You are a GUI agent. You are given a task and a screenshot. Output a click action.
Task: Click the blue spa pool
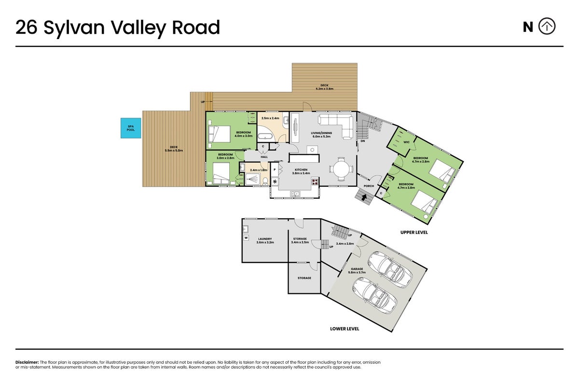131,128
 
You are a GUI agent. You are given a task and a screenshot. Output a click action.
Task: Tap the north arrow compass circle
547,26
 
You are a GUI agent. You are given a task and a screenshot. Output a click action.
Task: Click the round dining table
341,169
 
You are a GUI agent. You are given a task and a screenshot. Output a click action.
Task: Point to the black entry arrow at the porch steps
364,197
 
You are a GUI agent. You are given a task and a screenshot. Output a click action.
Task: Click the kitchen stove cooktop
315,182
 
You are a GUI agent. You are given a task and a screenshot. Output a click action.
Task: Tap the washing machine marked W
246,238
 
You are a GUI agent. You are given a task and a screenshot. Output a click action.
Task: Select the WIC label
406,142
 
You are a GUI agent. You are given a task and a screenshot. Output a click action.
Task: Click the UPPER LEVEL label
414,233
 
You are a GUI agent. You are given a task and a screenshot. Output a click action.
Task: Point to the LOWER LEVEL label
345,329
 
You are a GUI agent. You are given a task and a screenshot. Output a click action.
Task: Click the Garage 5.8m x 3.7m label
357,270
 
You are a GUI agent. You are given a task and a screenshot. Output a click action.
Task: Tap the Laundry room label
265,241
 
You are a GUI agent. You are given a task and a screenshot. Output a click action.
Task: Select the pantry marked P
275,170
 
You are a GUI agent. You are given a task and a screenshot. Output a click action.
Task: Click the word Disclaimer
27,362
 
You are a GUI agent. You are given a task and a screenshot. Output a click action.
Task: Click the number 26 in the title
27,27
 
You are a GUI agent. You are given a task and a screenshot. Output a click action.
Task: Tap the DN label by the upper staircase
363,141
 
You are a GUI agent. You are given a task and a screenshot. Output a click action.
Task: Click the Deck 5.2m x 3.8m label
325,87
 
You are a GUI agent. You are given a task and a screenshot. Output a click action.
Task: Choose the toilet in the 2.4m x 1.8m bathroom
265,181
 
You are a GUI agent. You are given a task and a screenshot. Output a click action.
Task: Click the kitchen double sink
295,193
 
